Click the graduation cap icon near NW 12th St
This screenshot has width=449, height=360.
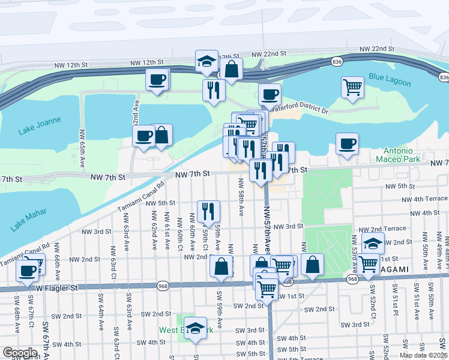click(206, 61)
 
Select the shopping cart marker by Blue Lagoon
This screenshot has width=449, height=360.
click(352, 87)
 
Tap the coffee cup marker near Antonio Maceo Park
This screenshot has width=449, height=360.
click(347, 144)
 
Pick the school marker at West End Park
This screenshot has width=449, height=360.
click(195, 328)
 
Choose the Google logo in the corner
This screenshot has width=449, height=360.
click(20, 353)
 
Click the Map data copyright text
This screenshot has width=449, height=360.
click(423, 355)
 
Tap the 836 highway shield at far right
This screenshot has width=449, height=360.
click(444, 77)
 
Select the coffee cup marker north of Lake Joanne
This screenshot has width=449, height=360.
click(157, 80)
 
